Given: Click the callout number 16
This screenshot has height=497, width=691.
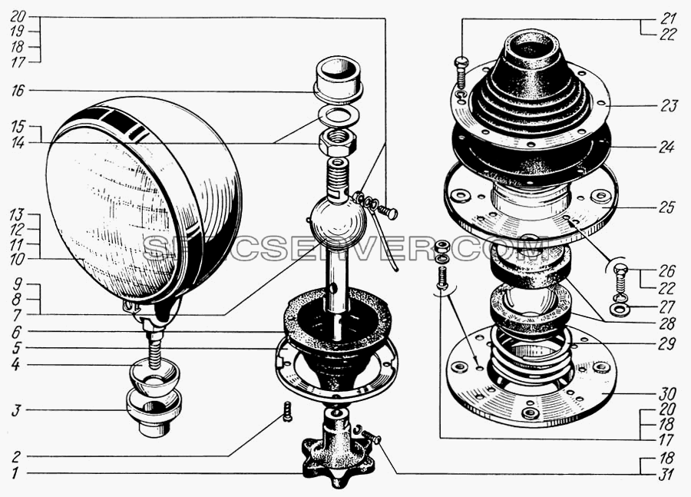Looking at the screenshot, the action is (18, 91).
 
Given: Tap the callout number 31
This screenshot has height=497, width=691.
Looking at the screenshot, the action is (666, 475).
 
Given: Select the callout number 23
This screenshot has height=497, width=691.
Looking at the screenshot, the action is (669, 106).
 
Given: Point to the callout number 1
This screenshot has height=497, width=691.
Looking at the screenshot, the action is (15, 474).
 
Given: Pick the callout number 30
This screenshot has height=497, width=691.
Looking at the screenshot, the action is (668, 393).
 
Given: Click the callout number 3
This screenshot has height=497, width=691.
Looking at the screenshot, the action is (16, 410).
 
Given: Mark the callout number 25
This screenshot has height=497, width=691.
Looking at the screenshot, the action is (666, 207).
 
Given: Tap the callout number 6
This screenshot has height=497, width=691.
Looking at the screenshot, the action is (16, 331).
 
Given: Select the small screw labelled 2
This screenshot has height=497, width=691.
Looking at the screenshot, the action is (287, 411).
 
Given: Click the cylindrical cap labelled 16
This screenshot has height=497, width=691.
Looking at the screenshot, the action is (338, 78).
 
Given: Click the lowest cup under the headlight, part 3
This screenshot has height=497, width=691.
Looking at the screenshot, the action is (154, 413).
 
